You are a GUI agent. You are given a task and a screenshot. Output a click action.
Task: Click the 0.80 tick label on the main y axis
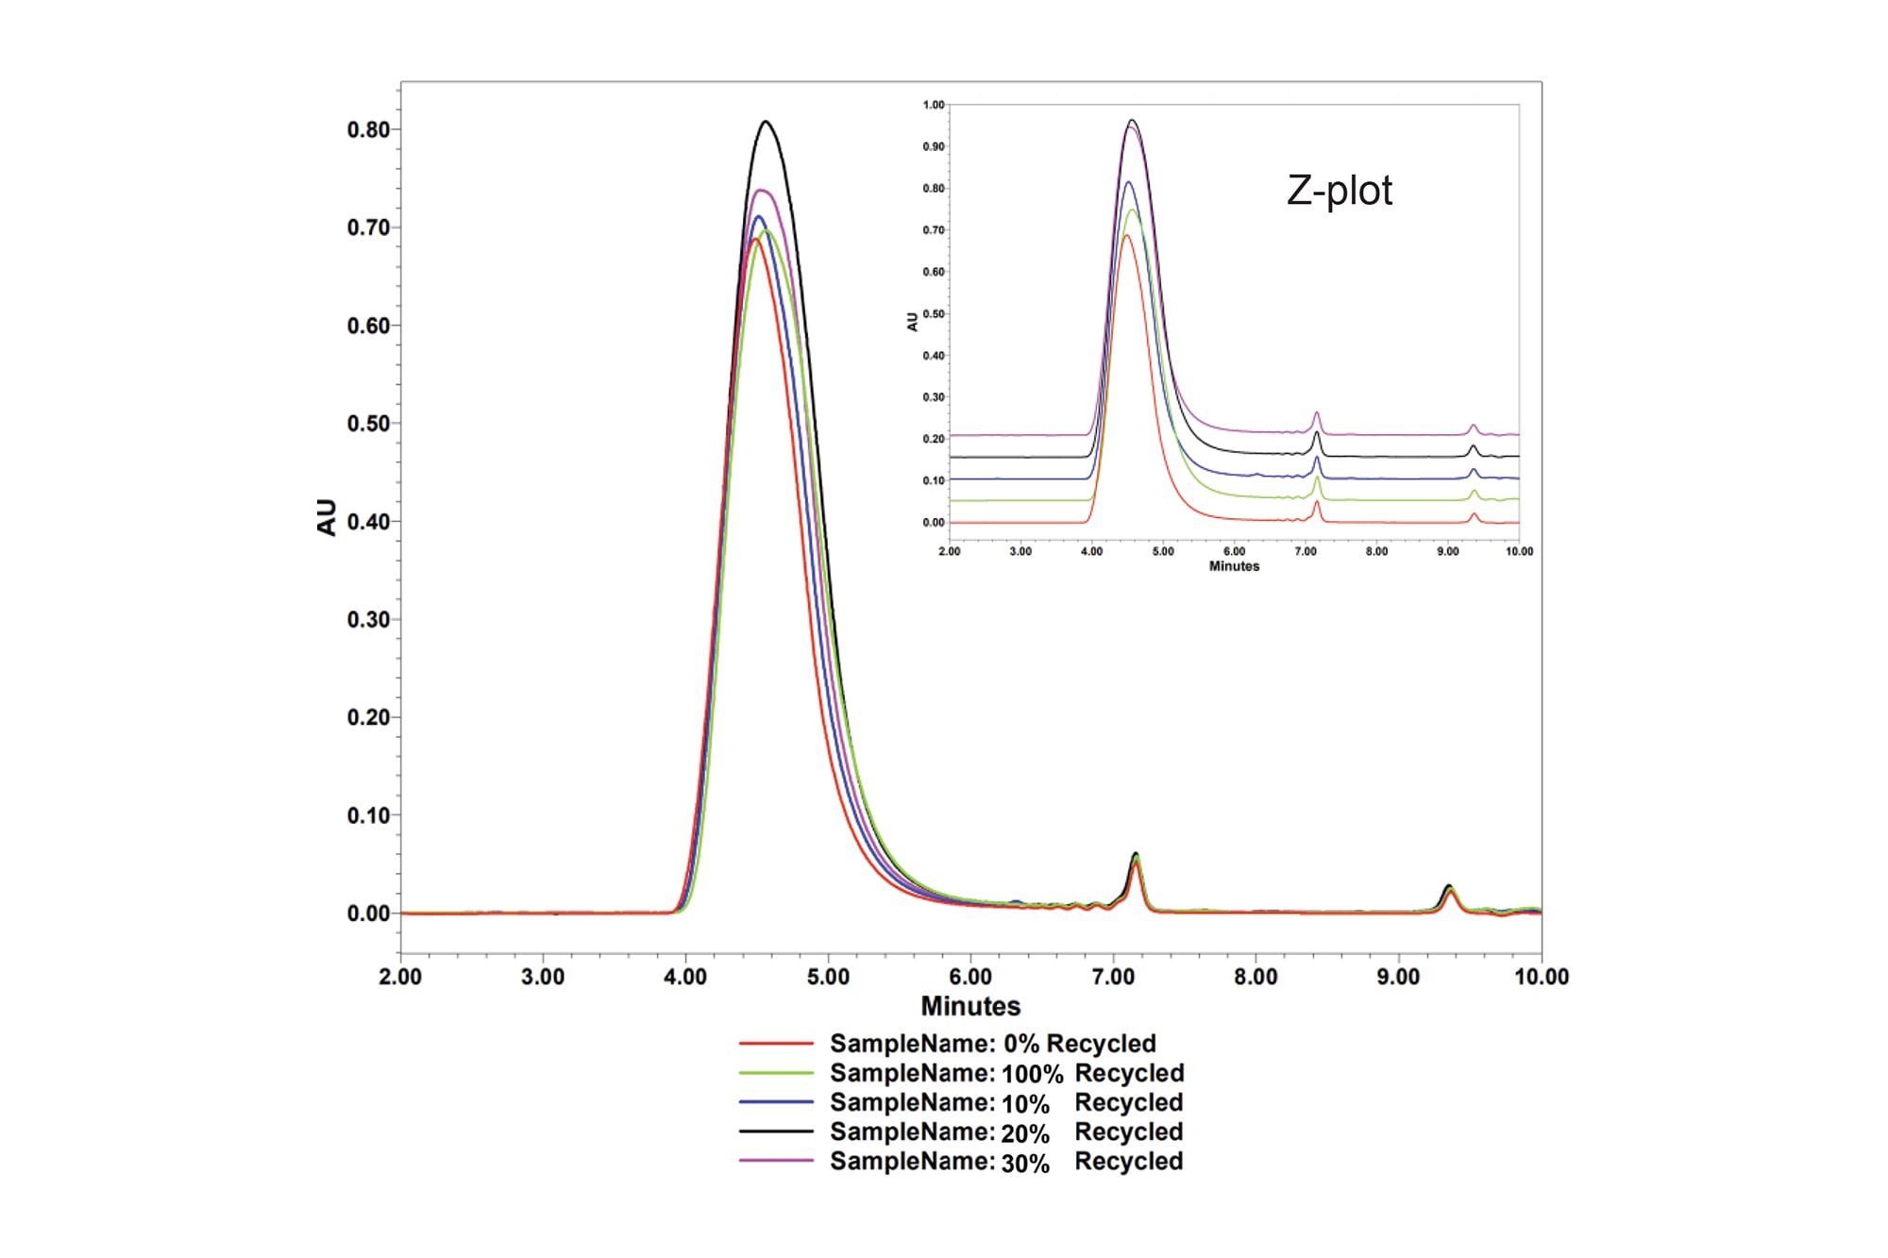[368, 130]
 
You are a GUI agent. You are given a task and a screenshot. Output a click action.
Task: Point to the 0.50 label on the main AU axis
[368, 424]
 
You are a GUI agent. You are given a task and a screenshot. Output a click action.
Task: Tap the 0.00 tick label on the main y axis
[368, 914]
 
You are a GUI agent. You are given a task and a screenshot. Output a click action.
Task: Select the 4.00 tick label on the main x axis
[685, 977]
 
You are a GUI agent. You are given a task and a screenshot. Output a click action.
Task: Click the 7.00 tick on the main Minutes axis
[1113, 977]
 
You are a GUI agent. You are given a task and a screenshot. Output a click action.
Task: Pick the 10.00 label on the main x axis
[1541, 977]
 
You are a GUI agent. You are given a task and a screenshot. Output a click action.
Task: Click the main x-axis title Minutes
[970, 1006]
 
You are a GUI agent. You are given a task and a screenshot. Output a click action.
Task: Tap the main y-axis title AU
[327, 517]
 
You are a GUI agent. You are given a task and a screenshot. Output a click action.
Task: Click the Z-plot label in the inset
[1339, 191]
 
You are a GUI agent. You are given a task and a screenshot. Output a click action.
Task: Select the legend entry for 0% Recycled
[991, 1044]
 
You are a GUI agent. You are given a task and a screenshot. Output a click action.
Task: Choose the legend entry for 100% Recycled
[1005, 1073]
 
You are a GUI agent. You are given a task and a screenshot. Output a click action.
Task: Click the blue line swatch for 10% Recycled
[776, 1102]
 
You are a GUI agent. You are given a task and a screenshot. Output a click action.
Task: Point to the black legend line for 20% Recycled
[776, 1132]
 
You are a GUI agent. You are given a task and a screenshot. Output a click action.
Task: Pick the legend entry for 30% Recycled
[1005, 1162]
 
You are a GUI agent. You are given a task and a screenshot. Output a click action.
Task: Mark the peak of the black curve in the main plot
[766, 122]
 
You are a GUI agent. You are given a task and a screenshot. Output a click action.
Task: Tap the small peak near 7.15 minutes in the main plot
[1136, 854]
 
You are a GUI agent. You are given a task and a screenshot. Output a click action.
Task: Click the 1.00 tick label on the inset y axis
[934, 105]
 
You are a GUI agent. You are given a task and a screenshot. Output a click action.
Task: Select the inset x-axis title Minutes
[1234, 566]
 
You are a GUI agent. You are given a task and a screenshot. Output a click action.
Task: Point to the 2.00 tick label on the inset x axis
[949, 551]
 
